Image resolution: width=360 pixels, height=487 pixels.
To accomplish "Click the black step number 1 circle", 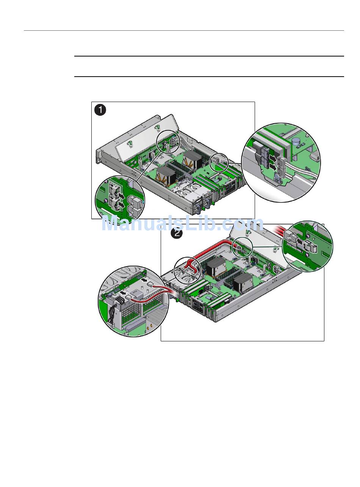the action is tap(100, 110).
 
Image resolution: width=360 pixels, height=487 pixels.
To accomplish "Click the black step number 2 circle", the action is tap(177, 233).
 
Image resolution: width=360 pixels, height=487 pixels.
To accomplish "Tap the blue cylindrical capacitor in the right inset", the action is tap(296, 141).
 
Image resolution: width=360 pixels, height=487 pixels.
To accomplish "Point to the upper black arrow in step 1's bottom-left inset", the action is tap(121, 195).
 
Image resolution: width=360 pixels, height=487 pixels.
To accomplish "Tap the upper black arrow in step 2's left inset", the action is tap(144, 280).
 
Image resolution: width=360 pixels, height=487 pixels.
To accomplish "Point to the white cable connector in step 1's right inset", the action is tap(281, 166).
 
